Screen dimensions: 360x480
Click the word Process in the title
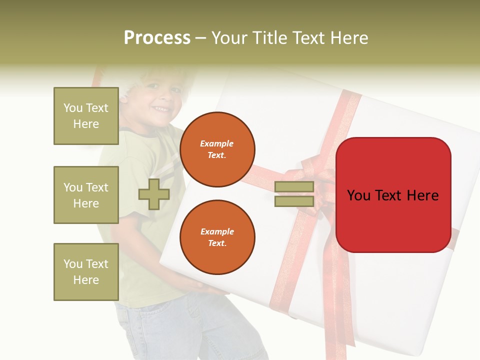click(x=157, y=38)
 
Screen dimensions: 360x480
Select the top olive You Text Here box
click(x=86, y=116)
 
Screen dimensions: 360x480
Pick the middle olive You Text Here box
click(x=86, y=195)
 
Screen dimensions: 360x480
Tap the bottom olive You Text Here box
click(x=86, y=271)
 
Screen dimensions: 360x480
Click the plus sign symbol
click(x=154, y=194)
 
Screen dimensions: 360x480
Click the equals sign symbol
click(x=294, y=194)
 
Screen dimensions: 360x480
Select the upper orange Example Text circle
click(x=217, y=149)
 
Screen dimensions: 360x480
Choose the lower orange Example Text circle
click(x=217, y=237)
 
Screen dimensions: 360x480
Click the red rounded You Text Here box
click(x=393, y=195)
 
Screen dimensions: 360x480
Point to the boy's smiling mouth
click(x=161, y=108)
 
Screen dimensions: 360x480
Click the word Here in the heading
click(x=350, y=38)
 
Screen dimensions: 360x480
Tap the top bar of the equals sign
click(x=294, y=187)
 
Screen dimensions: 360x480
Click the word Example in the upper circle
click(x=217, y=143)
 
